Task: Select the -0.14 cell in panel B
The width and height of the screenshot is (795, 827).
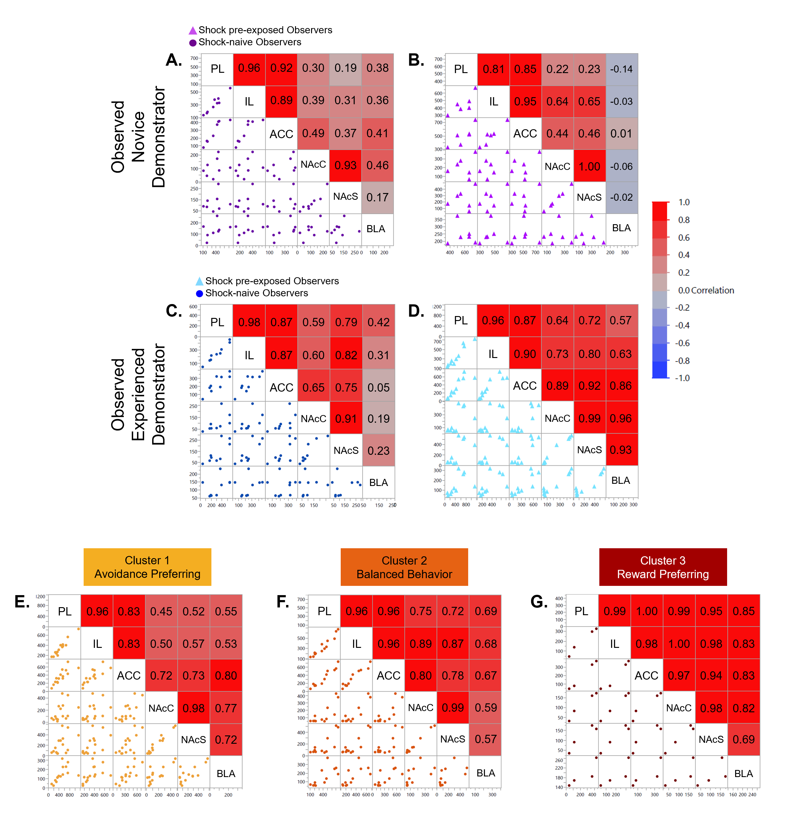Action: click(621, 69)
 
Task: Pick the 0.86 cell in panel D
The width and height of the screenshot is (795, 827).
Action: click(620, 386)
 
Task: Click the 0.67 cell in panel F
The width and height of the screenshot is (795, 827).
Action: click(485, 676)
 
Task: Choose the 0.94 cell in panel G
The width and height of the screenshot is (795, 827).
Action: click(711, 676)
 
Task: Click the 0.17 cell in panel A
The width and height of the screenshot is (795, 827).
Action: click(377, 197)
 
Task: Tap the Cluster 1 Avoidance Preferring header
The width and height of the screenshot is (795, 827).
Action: click(147, 567)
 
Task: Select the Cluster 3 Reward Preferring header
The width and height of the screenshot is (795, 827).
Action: click(662, 567)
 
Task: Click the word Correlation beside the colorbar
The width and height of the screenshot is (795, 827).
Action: click(712, 290)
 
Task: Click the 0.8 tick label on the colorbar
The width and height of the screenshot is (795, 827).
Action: click(684, 220)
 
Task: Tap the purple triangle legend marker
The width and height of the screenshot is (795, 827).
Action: click(193, 31)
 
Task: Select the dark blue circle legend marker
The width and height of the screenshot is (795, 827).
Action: click(199, 293)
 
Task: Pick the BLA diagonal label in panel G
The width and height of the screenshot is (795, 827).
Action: click(743, 773)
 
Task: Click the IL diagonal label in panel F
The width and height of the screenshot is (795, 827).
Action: click(356, 644)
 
